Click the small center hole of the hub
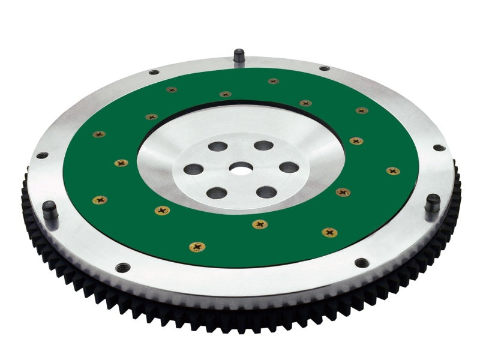coord(243,170)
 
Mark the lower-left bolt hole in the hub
coord(217,193)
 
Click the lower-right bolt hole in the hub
coord(266,192)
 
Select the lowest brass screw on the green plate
coord(196,247)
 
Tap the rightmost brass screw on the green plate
coord(393,171)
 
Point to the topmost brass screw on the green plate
coord(274,81)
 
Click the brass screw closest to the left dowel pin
coord(100,200)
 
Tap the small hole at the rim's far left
coord(41,155)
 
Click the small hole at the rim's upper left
coord(154,73)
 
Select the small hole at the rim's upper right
coord(325,68)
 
